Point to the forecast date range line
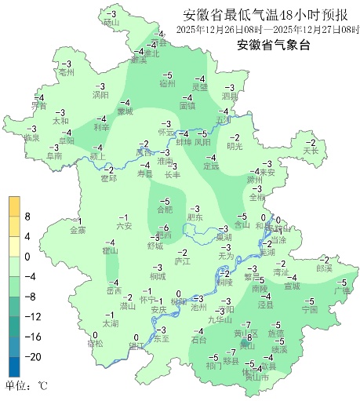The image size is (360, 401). [x=267, y=30]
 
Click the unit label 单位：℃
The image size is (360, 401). [x=27, y=385]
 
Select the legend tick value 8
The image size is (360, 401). [x=27, y=216]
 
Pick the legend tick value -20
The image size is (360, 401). [x=32, y=356]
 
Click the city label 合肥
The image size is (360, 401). [x=165, y=210]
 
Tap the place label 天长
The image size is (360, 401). [x=311, y=150]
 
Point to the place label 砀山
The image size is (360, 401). [x=111, y=24]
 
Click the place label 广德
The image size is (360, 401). [x=341, y=291]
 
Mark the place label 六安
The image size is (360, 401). [x=124, y=226]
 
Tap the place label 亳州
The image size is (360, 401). [x=66, y=71]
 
